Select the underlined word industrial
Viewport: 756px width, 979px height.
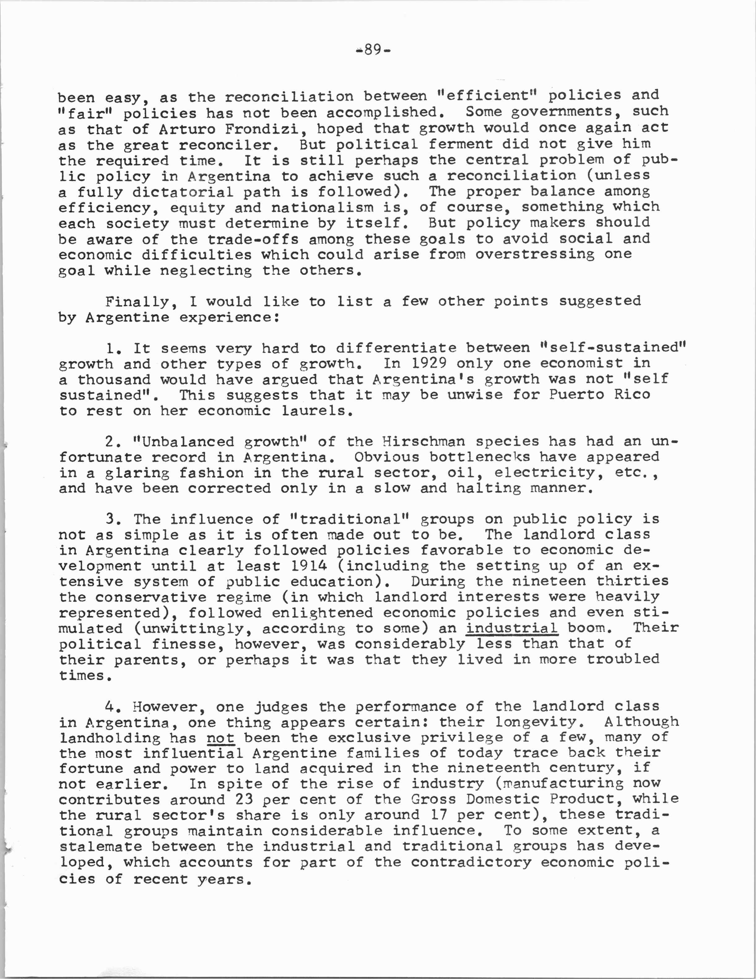coord(511,628)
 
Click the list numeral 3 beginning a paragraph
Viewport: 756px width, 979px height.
coord(111,519)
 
